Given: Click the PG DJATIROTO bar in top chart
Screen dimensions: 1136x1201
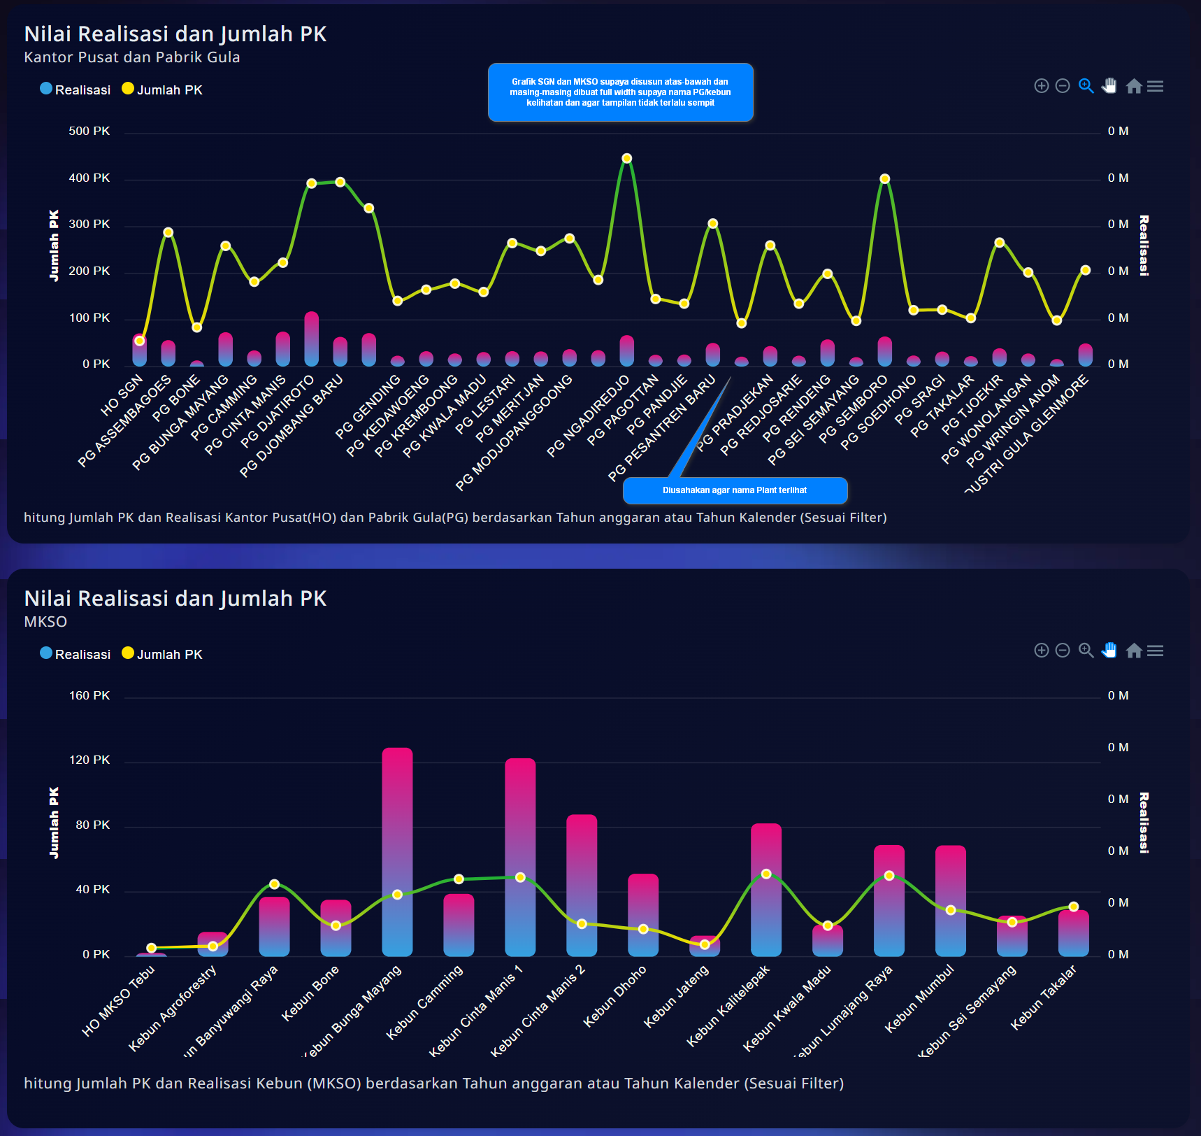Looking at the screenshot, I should click(312, 339).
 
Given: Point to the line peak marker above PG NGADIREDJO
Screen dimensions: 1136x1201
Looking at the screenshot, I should click(627, 159).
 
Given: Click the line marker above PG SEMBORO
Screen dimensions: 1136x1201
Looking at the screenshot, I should click(885, 179).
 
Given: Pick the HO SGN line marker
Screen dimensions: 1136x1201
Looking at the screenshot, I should click(140, 341).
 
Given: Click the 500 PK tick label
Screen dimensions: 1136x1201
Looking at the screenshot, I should click(89, 132).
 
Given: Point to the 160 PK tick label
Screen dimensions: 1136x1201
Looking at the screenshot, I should click(89, 696).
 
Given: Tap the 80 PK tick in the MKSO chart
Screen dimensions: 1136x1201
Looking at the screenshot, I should click(93, 825).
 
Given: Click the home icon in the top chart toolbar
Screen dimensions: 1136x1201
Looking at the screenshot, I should click(1134, 86).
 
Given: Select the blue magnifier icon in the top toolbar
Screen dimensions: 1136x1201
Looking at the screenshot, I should click(1086, 86).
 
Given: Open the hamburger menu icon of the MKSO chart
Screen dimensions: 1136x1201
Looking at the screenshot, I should click(1156, 651).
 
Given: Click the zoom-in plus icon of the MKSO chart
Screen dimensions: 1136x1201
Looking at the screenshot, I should click(1042, 651).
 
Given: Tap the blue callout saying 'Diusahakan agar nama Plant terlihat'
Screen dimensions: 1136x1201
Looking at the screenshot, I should click(735, 490).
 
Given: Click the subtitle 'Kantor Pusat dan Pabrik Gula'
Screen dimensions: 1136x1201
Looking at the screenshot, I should click(132, 57).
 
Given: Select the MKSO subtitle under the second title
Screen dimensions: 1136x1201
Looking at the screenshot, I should click(45, 622).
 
